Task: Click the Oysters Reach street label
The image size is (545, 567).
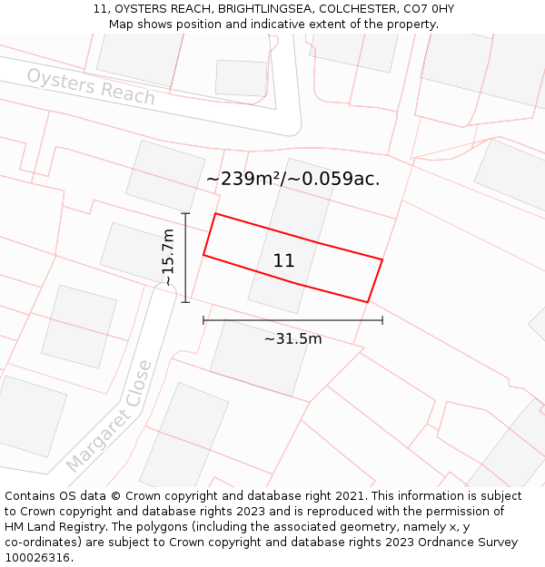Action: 91,86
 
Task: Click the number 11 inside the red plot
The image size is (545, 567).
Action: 283,261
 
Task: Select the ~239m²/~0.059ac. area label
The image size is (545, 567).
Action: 292,179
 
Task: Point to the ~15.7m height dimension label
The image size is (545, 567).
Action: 168,258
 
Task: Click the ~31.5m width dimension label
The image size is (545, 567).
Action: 292,339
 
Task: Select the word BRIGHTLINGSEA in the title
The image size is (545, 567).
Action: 263,9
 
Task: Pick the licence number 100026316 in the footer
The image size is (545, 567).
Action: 39,558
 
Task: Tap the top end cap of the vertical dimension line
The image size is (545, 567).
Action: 185,213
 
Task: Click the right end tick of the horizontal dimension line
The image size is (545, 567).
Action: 382,319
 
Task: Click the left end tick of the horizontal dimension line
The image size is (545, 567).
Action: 203,319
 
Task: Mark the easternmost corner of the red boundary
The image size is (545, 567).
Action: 382,260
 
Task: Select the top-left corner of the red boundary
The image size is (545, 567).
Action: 215,213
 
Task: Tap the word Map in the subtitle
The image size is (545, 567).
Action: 122,24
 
